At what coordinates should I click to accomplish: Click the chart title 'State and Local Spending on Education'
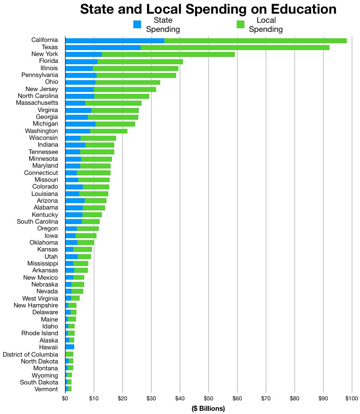click(208, 9)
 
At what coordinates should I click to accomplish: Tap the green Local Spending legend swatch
click(240, 24)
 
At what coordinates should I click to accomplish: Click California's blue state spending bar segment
click(115, 41)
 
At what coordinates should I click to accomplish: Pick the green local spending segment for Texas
click(235, 47)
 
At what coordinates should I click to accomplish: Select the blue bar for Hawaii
click(70, 347)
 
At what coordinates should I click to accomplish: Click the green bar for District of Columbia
click(69, 354)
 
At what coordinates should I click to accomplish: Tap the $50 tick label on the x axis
click(208, 399)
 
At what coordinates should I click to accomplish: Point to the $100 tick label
click(351, 399)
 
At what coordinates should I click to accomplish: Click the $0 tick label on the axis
click(65, 399)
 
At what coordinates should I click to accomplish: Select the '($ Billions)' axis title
click(208, 409)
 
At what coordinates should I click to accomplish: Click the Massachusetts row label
click(39, 103)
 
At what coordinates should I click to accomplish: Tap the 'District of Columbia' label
click(30, 354)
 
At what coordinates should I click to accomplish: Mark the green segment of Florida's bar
click(140, 61)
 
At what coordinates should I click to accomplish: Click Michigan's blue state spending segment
click(80, 124)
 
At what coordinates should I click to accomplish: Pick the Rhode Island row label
click(41, 333)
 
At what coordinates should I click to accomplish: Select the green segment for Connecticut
click(94, 173)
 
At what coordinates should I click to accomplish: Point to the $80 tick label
click(294, 399)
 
